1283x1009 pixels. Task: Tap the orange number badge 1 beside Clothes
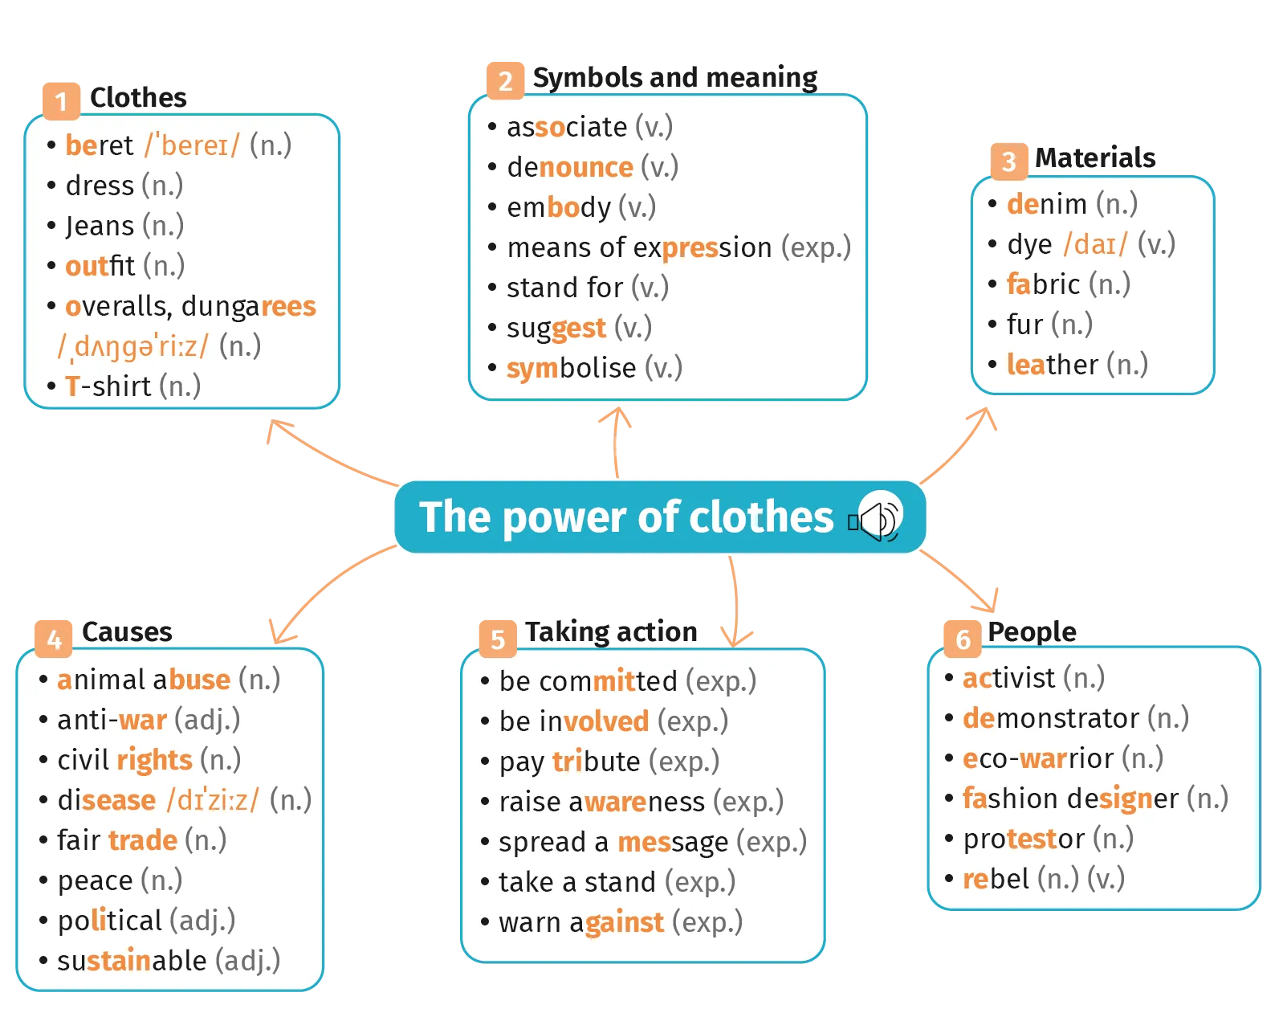click(61, 101)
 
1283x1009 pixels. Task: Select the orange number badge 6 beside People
click(963, 639)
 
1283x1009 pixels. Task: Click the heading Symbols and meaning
click(675, 77)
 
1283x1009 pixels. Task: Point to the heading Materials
click(1095, 157)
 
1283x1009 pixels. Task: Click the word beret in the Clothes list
click(100, 145)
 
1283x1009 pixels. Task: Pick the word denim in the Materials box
click(1047, 204)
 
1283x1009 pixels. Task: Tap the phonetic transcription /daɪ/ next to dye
click(1095, 244)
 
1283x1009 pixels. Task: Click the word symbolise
click(570, 369)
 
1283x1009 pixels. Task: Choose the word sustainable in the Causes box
click(132, 961)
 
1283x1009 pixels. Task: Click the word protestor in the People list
click(1024, 839)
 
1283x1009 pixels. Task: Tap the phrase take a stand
click(577, 883)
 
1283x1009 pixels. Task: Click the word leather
click(1052, 365)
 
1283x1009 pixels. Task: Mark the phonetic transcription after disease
click(213, 800)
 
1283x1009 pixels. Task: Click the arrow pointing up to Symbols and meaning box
click(615, 442)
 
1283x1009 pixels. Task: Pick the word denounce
click(570, 168)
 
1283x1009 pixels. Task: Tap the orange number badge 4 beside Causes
click(53, 639)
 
